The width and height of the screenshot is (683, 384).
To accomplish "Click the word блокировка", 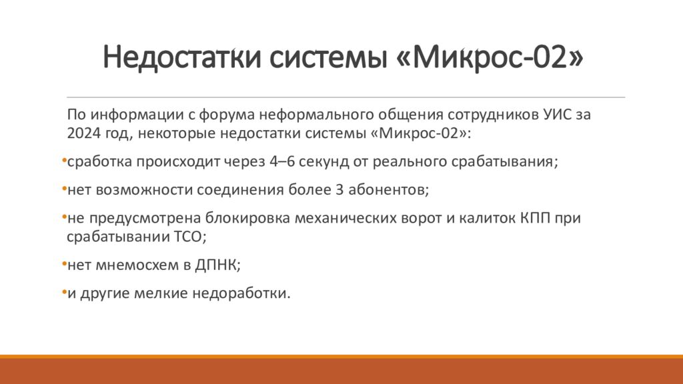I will [x=243, y=219].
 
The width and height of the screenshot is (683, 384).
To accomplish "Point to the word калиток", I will [x=484, y=219].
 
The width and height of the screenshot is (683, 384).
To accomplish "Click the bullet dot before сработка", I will [x=63, y=161].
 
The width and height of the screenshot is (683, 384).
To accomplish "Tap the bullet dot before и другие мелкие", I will [x=63, y=292].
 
